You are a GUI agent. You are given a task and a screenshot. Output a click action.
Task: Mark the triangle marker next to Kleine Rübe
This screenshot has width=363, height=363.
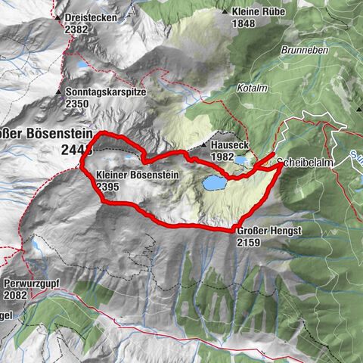[225, 12]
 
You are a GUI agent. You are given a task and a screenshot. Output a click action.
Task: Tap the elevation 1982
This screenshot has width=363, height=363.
[224, 156]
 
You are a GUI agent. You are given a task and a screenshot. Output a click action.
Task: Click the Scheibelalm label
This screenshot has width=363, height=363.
[302, 163]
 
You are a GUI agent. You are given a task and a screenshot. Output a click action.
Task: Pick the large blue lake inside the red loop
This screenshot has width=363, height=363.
[213, 182]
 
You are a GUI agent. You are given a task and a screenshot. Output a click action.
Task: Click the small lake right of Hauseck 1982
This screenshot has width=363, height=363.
[240, 160]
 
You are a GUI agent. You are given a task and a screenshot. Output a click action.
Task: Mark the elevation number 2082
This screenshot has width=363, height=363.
[16, 294]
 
